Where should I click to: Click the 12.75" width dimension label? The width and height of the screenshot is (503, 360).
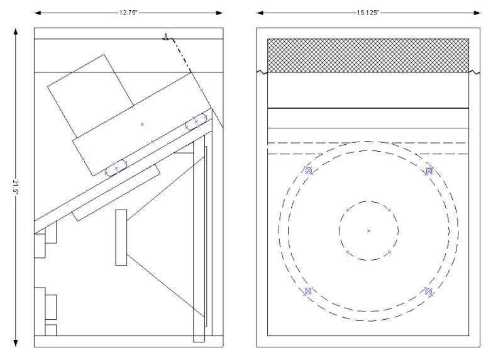[x=128, y=13]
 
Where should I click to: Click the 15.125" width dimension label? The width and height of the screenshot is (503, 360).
[x=368, y=13]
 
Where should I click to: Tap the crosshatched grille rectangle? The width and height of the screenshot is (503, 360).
[x=368, y=55]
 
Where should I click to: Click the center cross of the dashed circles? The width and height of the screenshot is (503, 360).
[x=368, y=230]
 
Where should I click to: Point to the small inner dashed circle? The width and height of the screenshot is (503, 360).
[x=368, y=201]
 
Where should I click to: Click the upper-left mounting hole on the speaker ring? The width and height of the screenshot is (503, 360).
[x=308, y=170]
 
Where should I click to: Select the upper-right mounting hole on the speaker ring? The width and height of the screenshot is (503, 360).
[x=429, y=171]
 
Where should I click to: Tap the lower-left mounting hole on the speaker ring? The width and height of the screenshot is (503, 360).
[x=308, y=291]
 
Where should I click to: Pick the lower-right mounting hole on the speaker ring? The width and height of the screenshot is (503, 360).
[x=429, y=291]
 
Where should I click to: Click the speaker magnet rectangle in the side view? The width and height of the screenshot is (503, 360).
[x=121, y=237]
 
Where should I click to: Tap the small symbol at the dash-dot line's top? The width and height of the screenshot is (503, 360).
[x=165, y=37]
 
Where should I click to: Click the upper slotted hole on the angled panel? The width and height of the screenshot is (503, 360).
[x=196, y=121]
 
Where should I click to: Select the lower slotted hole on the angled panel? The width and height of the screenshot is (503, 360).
[x=116, y=168]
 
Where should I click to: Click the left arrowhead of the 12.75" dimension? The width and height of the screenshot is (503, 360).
[x=38, y=13]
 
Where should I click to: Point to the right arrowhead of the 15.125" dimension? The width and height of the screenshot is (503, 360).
[x=477, y=13]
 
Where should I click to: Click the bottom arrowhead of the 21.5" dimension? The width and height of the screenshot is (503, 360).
[x=15, y=343]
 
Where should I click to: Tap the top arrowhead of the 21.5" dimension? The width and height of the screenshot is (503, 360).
[x=15, y=31]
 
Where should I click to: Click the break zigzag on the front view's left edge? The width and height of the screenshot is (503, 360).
[x=262, y=72]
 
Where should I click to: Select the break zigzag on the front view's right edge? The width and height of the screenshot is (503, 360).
[x=474, y=72]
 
